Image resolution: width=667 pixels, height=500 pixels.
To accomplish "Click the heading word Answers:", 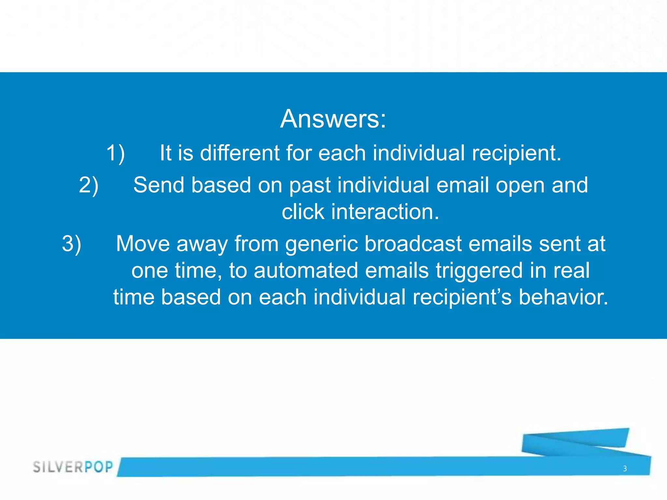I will click(x=333, y=119).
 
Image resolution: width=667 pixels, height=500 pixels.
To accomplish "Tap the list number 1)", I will click(x=115, y=153).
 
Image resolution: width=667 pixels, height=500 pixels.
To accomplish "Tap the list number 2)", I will click(x=88, y=185).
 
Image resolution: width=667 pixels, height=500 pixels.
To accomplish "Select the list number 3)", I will click(x=71, y=244).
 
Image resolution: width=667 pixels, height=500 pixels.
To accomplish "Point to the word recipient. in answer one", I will click(x=517, y=153).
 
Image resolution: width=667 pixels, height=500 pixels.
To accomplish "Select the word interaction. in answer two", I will click(x=385, y=212).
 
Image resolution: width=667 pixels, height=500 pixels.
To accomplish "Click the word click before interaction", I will click(x=303, y=212).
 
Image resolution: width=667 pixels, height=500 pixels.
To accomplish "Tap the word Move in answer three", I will click(x=143, y=244).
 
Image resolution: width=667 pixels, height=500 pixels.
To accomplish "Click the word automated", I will click(x=306, y=271).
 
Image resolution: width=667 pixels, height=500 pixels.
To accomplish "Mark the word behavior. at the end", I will click(x=563, y=297).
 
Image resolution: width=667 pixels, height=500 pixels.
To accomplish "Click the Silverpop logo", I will click(x=73, y=467).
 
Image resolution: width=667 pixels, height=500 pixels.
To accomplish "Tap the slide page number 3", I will click(x=625, y=468).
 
